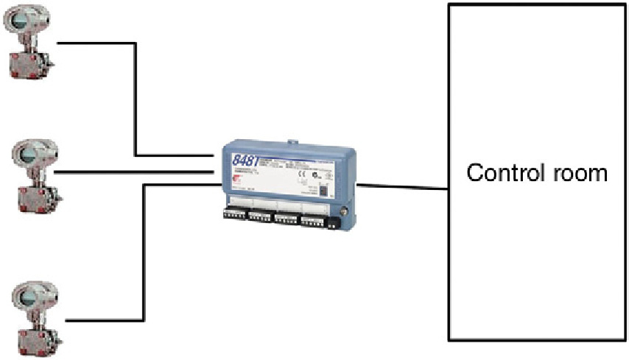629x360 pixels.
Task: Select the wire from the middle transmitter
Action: click(x=133, y=172)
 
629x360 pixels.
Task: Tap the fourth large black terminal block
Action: click(x=314, y=218)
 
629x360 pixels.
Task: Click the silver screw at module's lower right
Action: click(x=340, y=217)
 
